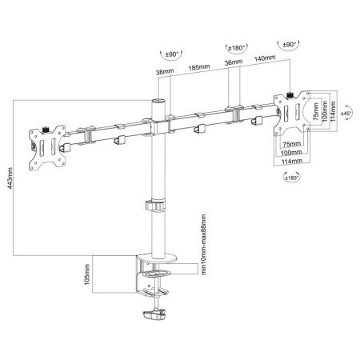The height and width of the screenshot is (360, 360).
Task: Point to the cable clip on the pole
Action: click(x=153, y=206)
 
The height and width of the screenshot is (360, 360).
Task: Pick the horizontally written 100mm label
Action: click(x=291, y=152)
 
